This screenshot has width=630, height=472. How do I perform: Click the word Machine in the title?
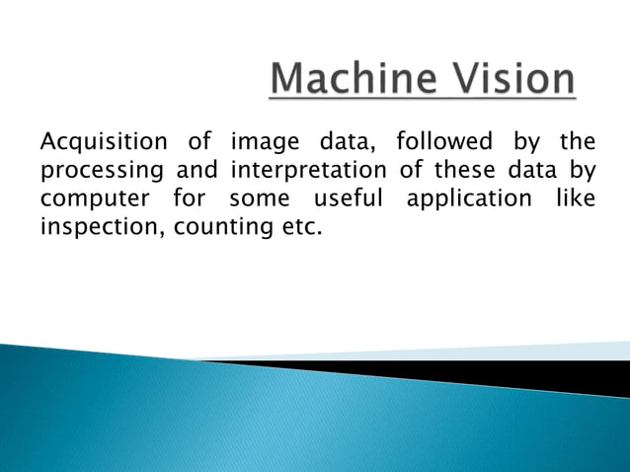(x=348, y=80)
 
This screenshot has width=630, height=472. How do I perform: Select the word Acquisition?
(x=100, y=143)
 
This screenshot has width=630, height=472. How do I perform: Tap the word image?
(x=261, y=143)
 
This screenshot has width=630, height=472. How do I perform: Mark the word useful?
(x=347, y=199)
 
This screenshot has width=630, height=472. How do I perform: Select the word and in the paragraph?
(x=197, y=171)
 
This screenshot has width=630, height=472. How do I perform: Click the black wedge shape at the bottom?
(x=513, y=375)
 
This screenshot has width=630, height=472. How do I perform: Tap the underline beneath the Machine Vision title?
(x=423, y=98)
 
